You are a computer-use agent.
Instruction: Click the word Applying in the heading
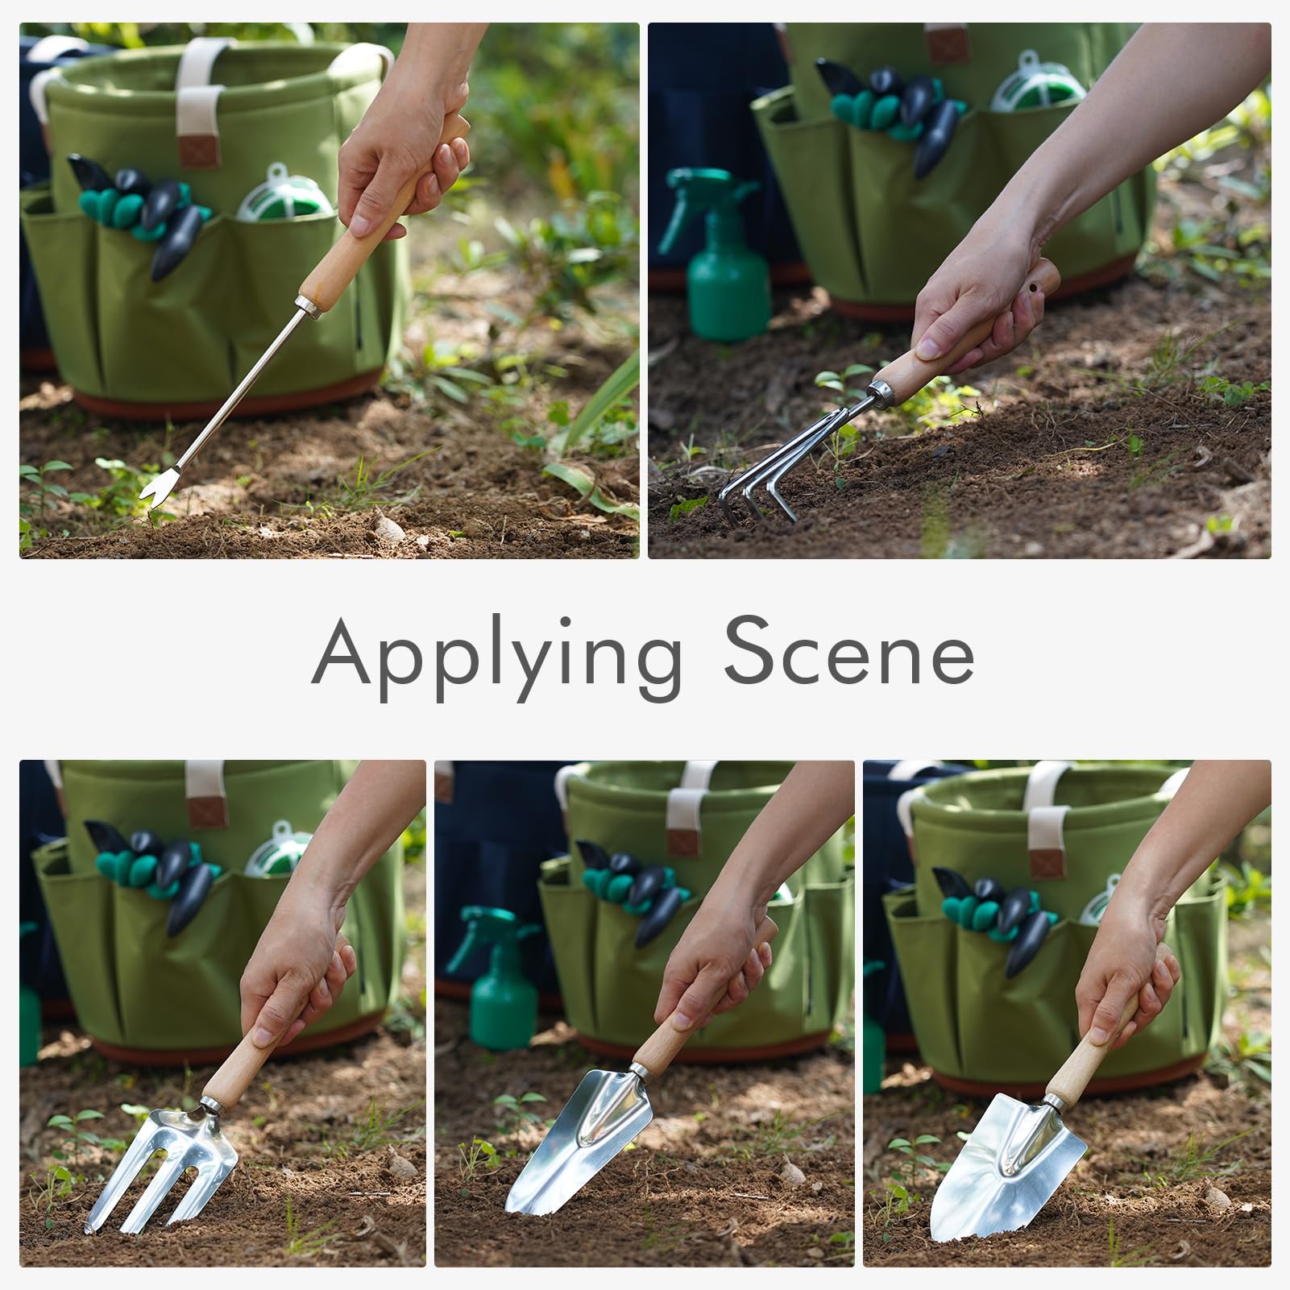click(x=497, y=660)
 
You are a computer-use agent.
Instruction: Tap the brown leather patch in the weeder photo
click(x=198, y=151)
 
